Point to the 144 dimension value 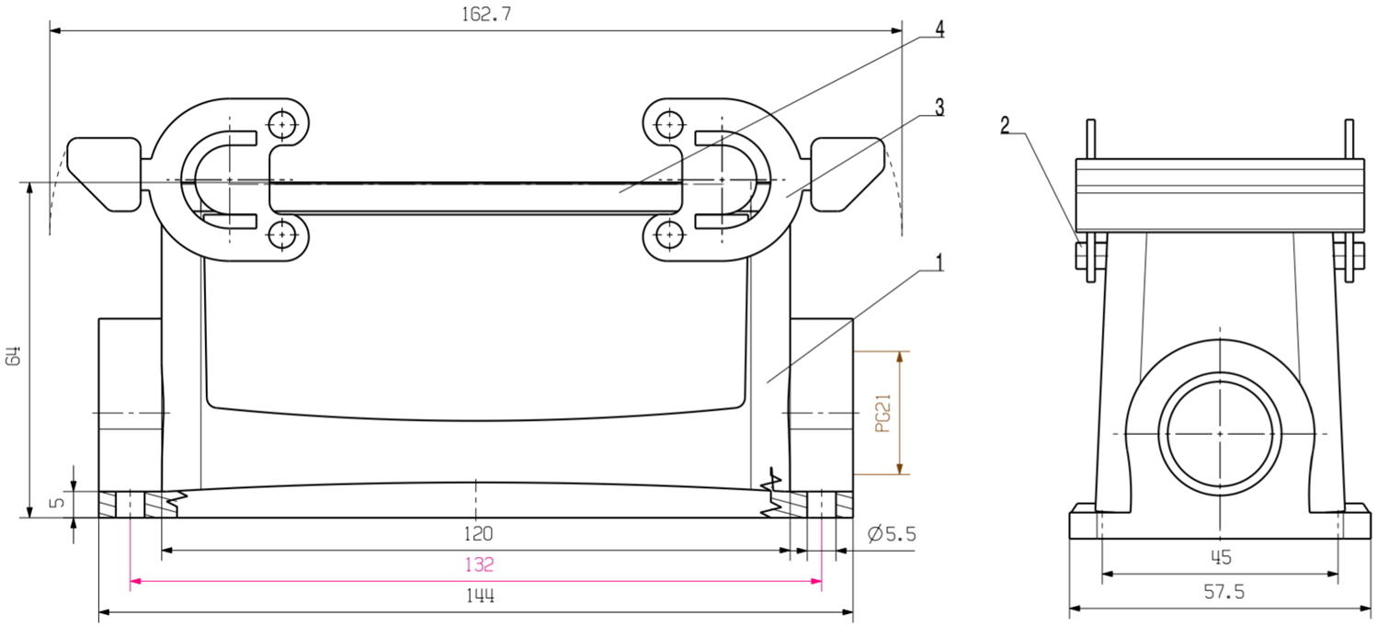(479, 596)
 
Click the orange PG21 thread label (882, 413)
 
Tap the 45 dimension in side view (1220, 557)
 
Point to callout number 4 (939, 28)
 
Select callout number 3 (939, 108)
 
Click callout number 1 (939, 263)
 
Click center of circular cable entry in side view (1219, 433)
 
